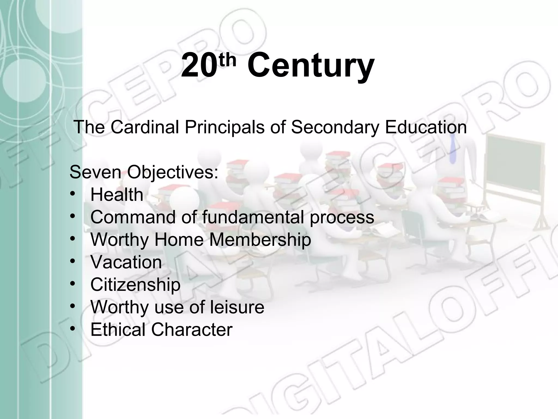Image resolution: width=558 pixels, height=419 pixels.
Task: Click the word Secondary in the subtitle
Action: (335, 127)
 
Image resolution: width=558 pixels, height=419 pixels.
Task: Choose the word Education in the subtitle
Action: (426, 127)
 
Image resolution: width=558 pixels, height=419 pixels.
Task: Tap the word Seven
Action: (95, 172)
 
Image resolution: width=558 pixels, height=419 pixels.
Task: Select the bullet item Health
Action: (117, 195)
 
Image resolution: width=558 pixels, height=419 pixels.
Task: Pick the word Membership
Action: (260, 240)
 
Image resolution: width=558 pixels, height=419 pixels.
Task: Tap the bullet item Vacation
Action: (126, 262)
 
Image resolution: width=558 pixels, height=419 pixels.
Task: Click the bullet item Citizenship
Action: (135, 285)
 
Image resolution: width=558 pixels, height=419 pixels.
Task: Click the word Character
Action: (192, 330)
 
